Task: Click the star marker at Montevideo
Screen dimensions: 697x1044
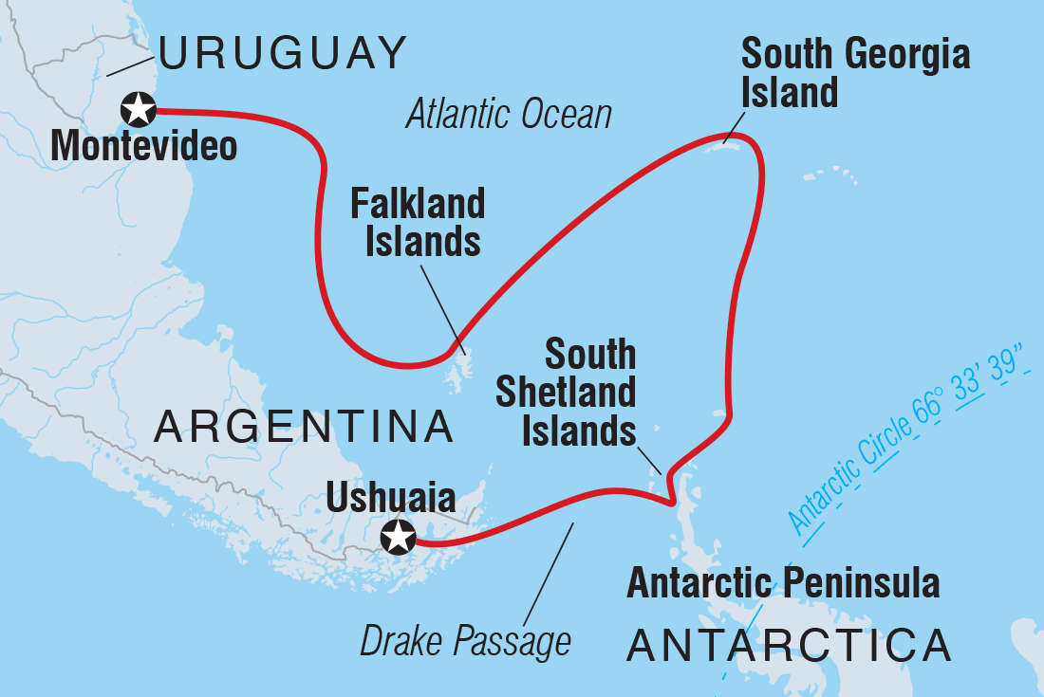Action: tap(139, 110)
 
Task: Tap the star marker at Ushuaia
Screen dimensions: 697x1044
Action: tap(398, 538)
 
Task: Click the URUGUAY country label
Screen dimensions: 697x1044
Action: tap(283, 52)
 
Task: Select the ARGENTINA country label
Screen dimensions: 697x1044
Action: tap(304, 428)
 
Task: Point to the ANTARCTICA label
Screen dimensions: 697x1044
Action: tap(789, 646)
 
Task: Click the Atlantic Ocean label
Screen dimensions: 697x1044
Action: tap(509, 115)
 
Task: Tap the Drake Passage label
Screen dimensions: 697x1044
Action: tap(465, 641)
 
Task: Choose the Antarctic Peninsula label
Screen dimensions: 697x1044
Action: tap(783, 582)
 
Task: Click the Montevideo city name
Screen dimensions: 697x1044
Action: tap(143, 147)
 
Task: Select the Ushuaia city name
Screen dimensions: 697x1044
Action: tap(390, 497)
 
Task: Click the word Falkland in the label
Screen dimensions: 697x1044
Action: tap(418, 204)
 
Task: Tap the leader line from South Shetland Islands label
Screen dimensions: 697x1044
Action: tap(648, 450)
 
